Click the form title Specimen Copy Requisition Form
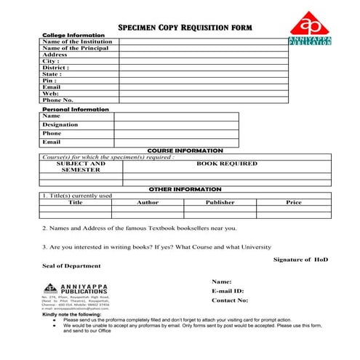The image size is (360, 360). (x=185, y=28)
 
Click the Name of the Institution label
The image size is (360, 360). (x=78, y=41)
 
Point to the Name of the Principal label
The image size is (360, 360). (x=76, y=48)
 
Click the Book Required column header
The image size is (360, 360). (x=226, y=164)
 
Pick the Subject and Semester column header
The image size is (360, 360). (x=81, y=167)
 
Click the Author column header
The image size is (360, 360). (x=148, y=202)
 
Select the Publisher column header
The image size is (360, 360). (x=220, y=202)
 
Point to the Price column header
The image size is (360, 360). (x=294, y=202)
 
